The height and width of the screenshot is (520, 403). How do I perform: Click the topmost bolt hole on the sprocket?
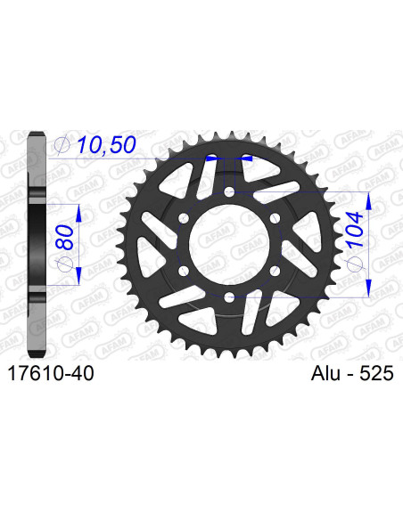(230, 191)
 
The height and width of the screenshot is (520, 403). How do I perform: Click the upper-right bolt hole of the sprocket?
(275, 217)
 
